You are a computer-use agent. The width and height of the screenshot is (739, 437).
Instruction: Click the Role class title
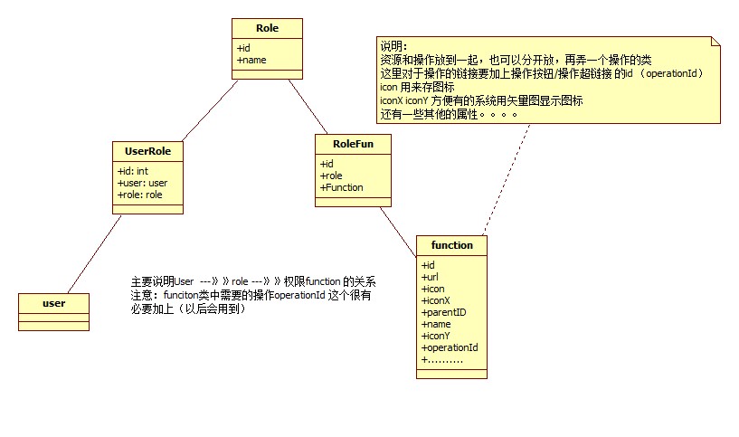pyautogui.click(x=267, y=28)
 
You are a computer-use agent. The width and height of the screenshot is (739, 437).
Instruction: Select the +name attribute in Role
pyautogui.click(x=252, y=60)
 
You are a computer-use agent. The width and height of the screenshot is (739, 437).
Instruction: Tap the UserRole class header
pyautogui.click(x=147, y=151)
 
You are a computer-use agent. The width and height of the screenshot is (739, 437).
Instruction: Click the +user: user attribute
pyautogui.click(x=143, y=182)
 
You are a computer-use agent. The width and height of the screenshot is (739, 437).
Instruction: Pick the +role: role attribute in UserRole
pyautogui.click(x=140, y=194)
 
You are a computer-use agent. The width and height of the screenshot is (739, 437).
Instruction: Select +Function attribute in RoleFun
pyautogui.click(x=342, y=187)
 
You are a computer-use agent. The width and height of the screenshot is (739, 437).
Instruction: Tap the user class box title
pyautogui.click(x=53, y=302)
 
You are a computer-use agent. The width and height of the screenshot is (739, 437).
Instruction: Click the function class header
pyautogui.click(x=451, y=245)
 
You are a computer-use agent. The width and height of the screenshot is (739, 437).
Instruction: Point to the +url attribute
pyautogui.click(x=431, y=277)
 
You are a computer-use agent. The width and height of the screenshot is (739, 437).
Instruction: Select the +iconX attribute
pyautogui.click(x=436, y=300)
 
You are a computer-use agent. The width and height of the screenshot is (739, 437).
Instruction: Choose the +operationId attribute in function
pyautogui.click(x=450, y=347)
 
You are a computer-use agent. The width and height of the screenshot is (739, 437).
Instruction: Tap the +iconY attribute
pyautogui.click(x=436, y=336)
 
